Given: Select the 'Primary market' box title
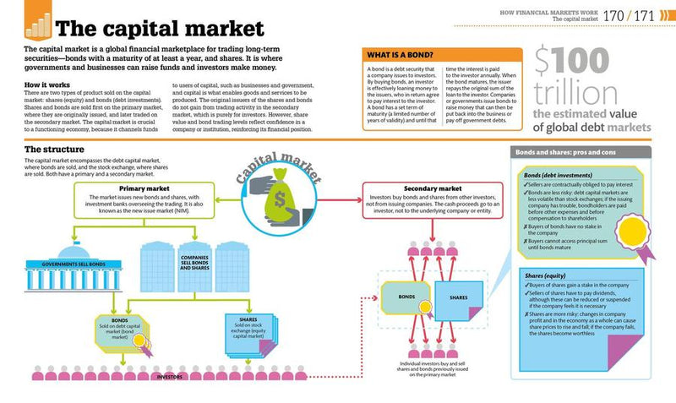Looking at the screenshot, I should pyautogui.click(x=144, y=188).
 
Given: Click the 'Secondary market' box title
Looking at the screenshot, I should pyautogui.click(x=433, y=188).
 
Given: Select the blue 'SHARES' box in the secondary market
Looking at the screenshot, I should pyautogui.click(x=459, y=297).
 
